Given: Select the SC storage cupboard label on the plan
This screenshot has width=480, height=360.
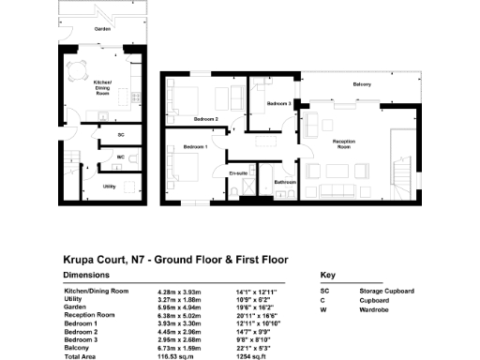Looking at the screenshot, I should point(121,135).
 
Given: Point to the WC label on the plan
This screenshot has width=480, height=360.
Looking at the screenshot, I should point(121,157).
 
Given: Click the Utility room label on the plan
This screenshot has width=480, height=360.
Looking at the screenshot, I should point(110,186).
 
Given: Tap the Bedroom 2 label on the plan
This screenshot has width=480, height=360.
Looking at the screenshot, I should point(205,119).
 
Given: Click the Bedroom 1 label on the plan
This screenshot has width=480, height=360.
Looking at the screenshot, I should point(194,148).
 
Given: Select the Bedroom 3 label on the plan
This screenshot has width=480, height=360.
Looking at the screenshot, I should point(277,103).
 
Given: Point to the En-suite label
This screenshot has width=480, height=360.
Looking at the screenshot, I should point(238,173).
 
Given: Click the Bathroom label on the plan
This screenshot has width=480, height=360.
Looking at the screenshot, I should point(285,181).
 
